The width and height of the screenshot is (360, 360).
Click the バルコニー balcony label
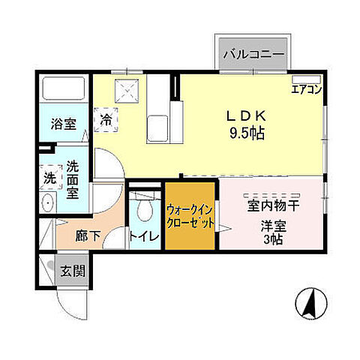point(252,55)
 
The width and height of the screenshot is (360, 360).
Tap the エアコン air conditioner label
point(307,88)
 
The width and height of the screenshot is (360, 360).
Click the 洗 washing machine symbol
point(48,180)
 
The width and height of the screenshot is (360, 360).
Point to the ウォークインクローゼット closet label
point(190,217)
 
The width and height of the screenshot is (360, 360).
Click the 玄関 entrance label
point(72,271)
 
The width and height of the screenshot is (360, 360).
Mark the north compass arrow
point(308,301)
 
